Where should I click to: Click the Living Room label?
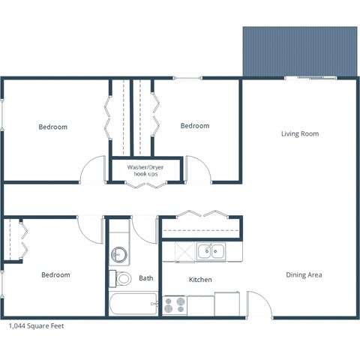coord(300,134)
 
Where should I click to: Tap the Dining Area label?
coord(304,275)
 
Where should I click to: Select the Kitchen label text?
coord(199,280)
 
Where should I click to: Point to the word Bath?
coord(145,278)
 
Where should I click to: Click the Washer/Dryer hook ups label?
coord(146,170)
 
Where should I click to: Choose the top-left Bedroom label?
coord(52,127)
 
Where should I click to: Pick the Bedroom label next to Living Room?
coord(194,126)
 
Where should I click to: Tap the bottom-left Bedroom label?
coord(55,275)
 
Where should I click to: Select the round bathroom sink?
coord(119,253)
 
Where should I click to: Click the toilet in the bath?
coord(122,279)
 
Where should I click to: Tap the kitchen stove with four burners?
coord(175,305)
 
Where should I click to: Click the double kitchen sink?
coord(211,251)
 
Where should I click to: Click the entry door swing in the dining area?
coord(259,304)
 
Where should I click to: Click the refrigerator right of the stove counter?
coord(227,304)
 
